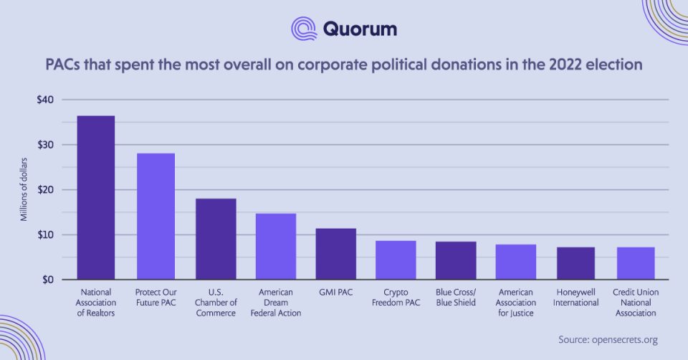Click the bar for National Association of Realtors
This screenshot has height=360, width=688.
[95, 198]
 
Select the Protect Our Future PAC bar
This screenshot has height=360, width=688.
[156, 217]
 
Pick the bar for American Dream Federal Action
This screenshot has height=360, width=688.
[276, 247]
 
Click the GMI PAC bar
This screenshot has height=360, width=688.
[336, 254]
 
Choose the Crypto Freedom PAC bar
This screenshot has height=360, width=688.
[396, 260]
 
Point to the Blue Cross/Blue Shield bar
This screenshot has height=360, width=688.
[456, 261]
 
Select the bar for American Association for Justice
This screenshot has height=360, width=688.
[516, 262]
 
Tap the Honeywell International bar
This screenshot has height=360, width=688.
[576, 264]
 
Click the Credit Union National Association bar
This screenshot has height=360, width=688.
[636, 264]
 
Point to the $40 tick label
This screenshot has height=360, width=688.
[45, 100]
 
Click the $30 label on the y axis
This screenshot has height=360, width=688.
[45, 145]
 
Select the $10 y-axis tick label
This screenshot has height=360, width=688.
[45, 235]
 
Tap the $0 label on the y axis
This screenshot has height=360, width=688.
[48, 280]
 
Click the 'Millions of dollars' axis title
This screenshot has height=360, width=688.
[24, 189]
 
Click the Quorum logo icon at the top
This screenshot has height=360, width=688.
[304, 29]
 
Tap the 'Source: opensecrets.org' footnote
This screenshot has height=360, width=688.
[608, 340]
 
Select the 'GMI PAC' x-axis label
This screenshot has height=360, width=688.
[336, 293]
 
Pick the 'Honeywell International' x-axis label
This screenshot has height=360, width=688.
[576, 298]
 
